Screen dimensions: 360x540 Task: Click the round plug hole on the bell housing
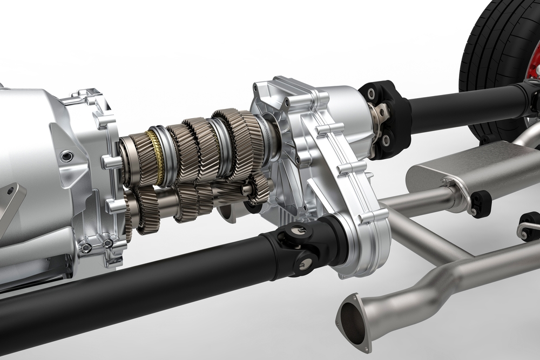pos(67,157)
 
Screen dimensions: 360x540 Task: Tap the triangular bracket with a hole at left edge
pos(11,203)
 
